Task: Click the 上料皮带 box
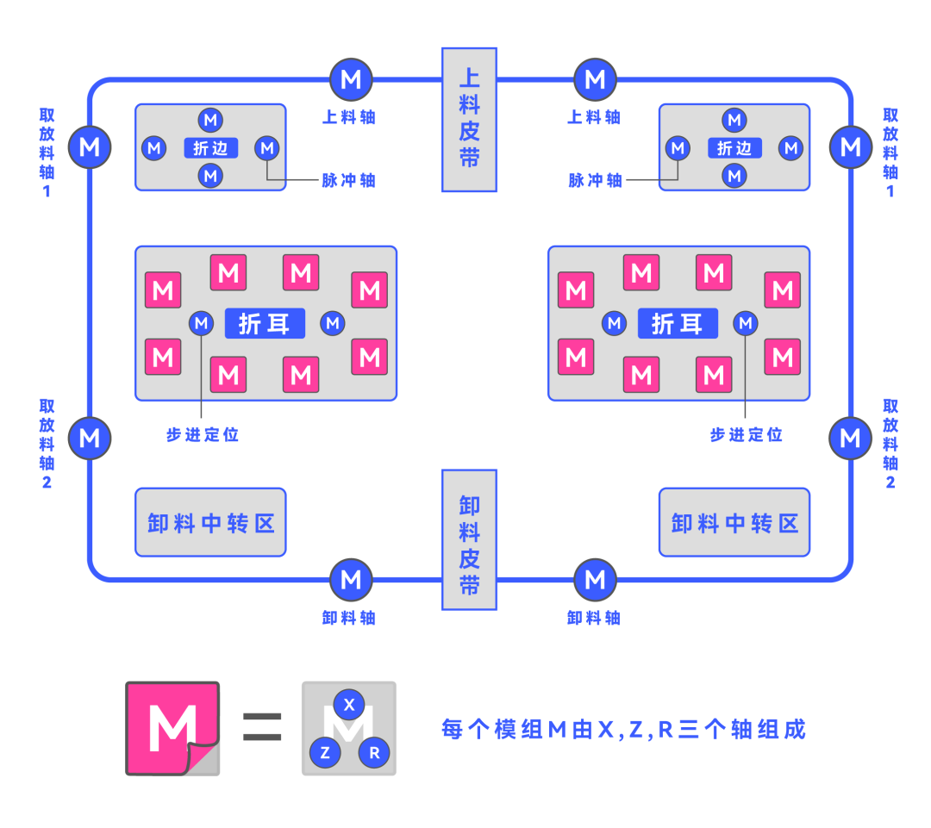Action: tap(469, 119)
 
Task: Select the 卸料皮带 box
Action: tap(469, 539)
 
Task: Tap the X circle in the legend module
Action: tap(349, 705)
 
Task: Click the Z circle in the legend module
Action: tap(325, 752)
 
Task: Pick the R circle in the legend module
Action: tap(374, 752)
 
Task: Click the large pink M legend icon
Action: tap(172, 728)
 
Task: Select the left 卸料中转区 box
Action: tap(210, 522)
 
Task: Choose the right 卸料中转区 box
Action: tap(734, 522)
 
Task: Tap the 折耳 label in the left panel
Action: tap(265, 323)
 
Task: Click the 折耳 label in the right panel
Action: tap(678, 323)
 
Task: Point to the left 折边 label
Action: tap(210, 148)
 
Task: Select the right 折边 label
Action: tap(734, 148)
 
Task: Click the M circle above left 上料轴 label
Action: tap(351, 80)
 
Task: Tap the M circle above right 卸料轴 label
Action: tap(595, 580)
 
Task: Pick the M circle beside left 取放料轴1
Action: tap(90, 146)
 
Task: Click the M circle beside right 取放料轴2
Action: tap(850, 438)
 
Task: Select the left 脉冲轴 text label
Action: tap(348, 181)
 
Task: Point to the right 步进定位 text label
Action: tap(746, 435)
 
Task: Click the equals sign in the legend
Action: tap(261, 728)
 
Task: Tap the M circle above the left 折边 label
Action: tap(210, 120)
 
